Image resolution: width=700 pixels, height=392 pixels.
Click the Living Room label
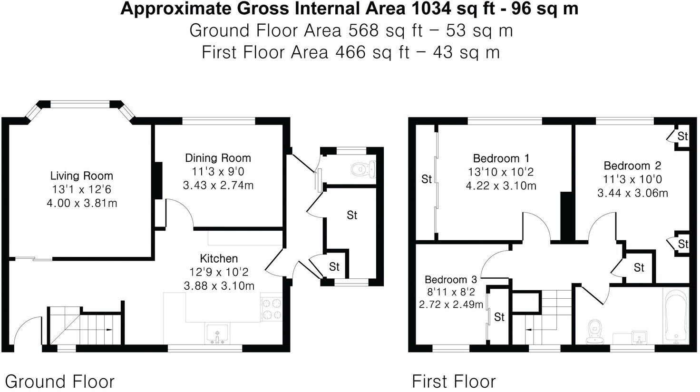(82, 176)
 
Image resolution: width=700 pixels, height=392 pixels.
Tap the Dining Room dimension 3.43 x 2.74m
(218, 185)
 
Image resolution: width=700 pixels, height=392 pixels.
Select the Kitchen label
(219, 258)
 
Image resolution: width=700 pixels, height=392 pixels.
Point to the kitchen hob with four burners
(271, 308)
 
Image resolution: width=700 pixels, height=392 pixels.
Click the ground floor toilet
(364, 168)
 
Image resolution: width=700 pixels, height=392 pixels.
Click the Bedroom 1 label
(501, 158)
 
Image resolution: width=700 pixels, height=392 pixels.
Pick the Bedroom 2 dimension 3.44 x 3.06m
(632, 193)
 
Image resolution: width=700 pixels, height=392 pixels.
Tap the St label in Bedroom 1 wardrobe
(427, 179)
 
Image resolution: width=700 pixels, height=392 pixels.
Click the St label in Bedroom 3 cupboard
(499, 317)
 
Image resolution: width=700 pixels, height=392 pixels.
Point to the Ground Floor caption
(59, 381)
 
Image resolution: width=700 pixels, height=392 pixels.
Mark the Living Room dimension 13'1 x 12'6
(82, 189)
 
